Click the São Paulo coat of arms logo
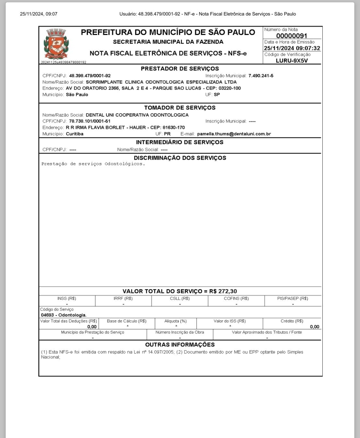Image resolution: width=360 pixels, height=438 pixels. pos(56,44)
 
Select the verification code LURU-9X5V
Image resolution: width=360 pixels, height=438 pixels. pos(292,61)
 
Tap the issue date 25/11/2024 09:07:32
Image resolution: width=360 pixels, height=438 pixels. pos(292,48)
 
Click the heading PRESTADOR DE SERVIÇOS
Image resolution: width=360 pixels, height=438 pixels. pos(180,69)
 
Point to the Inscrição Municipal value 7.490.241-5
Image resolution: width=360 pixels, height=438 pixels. pos(261,76)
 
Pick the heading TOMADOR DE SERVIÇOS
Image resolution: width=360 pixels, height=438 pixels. pos(180,108)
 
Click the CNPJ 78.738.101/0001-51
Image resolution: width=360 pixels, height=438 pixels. pos(90,121)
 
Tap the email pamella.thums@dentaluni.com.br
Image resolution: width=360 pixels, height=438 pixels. pos(234,134)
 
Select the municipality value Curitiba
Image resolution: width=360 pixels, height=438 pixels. pos(75,134)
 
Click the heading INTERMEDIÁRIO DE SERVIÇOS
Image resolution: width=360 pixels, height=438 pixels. pos(180,142)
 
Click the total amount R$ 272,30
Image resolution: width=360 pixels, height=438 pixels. pos(223,291)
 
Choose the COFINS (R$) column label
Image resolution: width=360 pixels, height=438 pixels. pos(236,299)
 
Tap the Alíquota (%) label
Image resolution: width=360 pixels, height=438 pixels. pos(175,321)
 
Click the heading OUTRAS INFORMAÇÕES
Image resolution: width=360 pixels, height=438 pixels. pos(180,345)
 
